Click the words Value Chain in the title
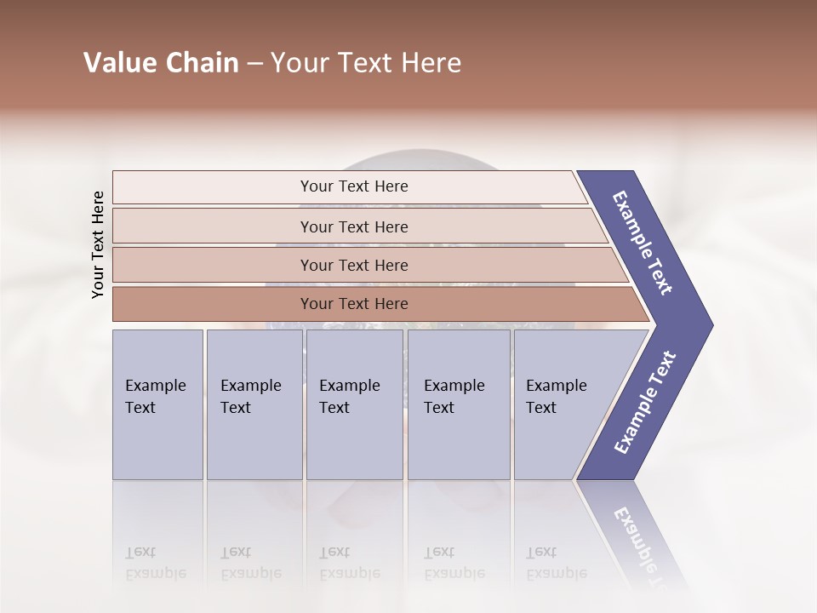coord(161,63)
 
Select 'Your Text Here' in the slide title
coord(366,63)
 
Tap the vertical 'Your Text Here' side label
coord(98,244)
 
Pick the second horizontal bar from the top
coord(354,226)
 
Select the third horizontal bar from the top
coord(354,265)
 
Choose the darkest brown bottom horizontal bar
coord(354,304)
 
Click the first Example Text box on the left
coord(157,404)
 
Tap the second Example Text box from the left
coord(254,404)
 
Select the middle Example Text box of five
coord(355,404)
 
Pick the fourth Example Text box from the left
coord(458,404)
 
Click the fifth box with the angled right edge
coord(562,404)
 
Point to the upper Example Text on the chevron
coord(643,243)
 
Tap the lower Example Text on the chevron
coord(645,403)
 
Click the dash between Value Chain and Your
coord(254,64)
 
